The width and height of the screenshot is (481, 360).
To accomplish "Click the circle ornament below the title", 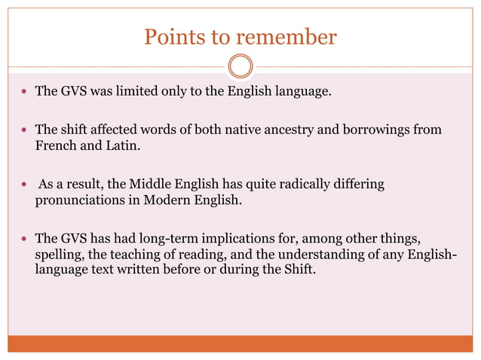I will pyautogui.click(x=240, y=66).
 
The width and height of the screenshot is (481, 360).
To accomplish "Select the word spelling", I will pyautogui.click(x=59, y=256).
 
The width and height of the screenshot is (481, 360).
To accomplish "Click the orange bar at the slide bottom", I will pyautogui.click(x=240, y=343).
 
